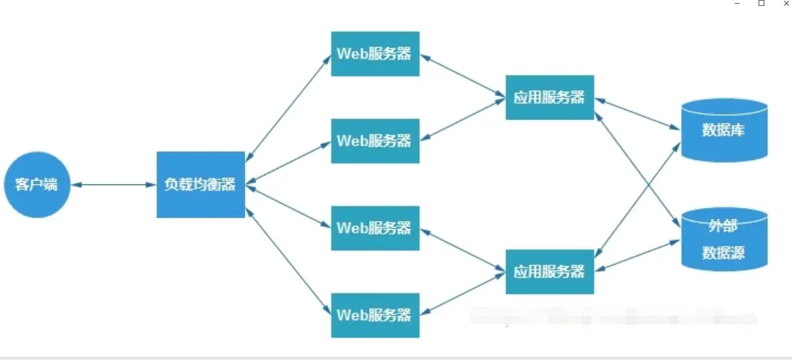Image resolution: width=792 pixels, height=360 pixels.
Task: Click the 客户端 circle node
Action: [x=36, y=185]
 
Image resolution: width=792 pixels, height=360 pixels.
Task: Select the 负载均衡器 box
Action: [x=201, y=185]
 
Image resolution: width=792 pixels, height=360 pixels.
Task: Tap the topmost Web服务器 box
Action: [x=375, y=54]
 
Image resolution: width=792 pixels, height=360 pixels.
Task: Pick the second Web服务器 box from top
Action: [x=375, y=140]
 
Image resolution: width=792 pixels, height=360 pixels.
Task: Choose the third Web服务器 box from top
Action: [x=375, y=228]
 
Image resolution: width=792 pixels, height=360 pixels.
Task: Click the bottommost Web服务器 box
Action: [x=375, y=315]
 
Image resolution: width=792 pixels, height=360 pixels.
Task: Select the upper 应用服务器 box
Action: [x=550, y=97]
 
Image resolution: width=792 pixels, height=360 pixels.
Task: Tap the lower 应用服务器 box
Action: [x=550, y=271]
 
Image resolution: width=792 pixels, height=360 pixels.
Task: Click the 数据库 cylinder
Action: [x=724, y=130]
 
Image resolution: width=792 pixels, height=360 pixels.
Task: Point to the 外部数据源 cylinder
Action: [x=724, y=239]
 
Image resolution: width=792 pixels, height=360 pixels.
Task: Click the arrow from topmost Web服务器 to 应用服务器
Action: [x=463, y=76]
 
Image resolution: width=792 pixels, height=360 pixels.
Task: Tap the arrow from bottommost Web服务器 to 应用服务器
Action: [x=463, y=292]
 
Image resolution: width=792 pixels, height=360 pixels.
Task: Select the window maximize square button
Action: [x=761, y=4]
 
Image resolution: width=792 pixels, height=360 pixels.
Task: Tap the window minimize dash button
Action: [x=737, y=4]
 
